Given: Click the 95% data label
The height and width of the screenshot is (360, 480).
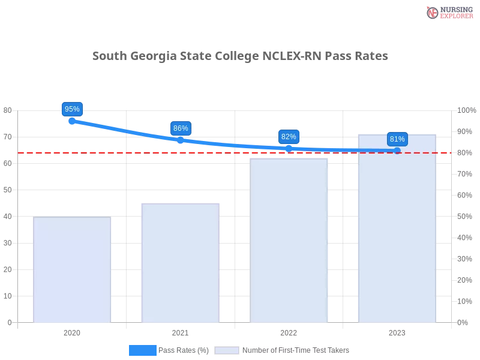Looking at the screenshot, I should [72, 109].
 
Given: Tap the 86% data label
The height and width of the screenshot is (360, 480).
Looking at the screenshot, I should [181, 128].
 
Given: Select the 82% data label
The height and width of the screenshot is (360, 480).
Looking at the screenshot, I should [289, 137].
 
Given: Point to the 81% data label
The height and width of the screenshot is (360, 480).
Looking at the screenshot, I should [397, 139].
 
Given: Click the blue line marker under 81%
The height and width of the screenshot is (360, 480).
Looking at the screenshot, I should [397, 151].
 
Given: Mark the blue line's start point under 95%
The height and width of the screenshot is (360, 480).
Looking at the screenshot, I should [72, 121].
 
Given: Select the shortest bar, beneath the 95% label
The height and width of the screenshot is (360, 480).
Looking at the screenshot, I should [72, 270].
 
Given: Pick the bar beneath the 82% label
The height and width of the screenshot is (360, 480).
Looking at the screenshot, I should [290, 240].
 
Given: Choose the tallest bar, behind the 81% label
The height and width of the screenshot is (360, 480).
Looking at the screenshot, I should [396, 234].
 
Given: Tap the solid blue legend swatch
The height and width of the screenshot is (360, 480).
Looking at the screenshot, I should [142, 350].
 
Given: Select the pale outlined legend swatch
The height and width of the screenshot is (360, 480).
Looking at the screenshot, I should [227, 350].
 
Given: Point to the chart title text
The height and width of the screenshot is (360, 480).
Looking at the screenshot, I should [240, 56].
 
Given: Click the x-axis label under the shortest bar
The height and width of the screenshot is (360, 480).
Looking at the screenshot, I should [72, 331].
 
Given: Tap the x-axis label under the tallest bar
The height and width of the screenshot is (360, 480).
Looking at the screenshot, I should [397, 331].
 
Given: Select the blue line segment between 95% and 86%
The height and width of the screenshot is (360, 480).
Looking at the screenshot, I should [126, 130].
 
